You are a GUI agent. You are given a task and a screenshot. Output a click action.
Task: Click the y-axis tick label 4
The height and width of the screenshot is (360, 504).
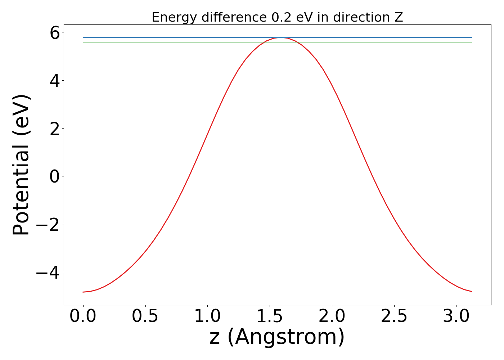55,81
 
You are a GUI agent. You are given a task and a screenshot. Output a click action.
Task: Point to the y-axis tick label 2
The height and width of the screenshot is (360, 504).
55,129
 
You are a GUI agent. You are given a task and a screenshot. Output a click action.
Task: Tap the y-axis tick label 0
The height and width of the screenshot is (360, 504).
55,177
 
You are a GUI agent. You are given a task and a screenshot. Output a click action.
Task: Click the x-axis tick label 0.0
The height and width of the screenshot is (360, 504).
83,316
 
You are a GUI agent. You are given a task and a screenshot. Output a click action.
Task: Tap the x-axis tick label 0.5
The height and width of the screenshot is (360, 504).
145,316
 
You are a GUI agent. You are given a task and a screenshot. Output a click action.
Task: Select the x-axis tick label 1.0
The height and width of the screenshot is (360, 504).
207,316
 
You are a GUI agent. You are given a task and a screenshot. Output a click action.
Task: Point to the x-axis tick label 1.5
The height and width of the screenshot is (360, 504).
270,316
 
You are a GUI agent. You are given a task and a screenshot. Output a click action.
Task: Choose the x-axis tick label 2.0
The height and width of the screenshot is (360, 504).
332,316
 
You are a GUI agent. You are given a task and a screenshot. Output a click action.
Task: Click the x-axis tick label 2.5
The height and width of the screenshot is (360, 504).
394,316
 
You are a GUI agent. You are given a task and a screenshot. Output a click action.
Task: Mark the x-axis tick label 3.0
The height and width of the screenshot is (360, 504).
456,316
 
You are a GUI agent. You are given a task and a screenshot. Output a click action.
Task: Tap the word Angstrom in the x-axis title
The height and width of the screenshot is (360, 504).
286,337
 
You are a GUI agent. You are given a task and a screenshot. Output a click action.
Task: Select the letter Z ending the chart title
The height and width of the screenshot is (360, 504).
399,17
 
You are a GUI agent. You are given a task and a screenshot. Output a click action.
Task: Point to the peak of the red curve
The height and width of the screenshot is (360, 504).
280,37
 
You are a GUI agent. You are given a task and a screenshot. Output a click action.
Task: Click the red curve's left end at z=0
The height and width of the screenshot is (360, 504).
83,292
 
